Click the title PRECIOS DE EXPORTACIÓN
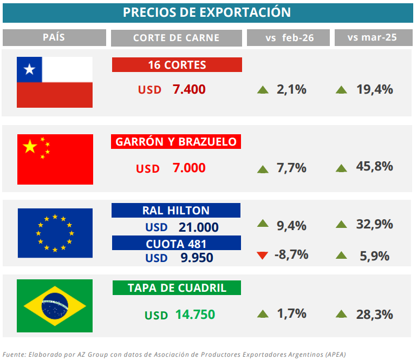click(x=207, y=12)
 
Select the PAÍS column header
click(x=54, y=37)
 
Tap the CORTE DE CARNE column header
click(x=176, y=37)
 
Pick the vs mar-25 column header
click(x=372, y=37)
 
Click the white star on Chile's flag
click(x=29, y=69)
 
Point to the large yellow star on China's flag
click(x=30, y=146)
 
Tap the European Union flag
click(x=55, y=233)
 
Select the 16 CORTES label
click(x=177, y=65)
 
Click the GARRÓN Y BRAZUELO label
click(x=176, y=142)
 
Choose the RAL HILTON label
click(x=176, y=210)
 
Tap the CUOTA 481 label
click(x=176, y=244)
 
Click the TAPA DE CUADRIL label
click(x=177, y=288)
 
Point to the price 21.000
click(x=199, y=227)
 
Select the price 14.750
click(x=195, y=315)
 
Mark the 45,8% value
click(x=374, y=167)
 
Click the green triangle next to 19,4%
click(x=341, y=90)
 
